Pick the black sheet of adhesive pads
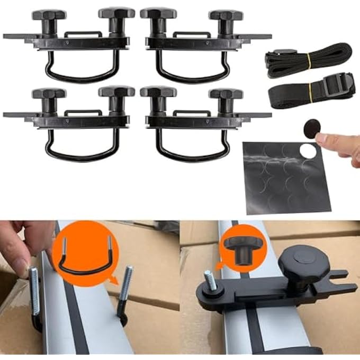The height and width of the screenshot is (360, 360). click(286, 177)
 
